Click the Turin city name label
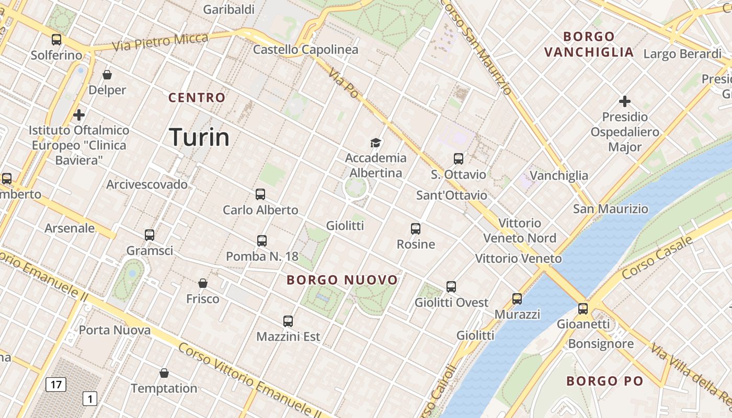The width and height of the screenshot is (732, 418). [199, 137]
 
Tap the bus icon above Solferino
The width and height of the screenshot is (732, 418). [56, 39]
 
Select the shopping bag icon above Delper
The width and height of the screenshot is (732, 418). [107, 75]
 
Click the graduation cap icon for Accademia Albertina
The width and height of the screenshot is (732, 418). [375, 142]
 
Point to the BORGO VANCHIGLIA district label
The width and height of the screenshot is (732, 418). [589, 44]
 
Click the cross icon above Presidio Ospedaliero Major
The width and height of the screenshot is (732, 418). [624, 101]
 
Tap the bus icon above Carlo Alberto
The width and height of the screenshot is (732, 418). [260, 194]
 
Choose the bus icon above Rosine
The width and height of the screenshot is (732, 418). [416, 229]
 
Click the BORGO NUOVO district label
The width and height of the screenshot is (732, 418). [342, 280]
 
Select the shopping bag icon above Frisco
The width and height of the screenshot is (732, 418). [203, 283]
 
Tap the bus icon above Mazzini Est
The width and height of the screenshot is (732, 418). [288, 321]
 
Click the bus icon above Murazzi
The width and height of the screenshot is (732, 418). [517, 299]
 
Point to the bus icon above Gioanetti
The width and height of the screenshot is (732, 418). [583, 308]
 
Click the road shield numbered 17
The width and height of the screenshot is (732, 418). [56, 385]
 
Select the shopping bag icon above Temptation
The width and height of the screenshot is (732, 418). [164, 373]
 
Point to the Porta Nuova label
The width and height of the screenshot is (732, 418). [115, 330]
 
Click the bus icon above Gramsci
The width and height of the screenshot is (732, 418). [150, 235]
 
